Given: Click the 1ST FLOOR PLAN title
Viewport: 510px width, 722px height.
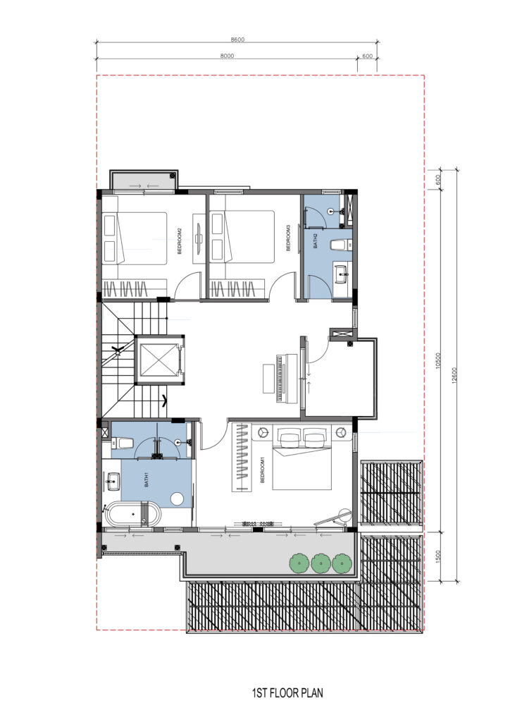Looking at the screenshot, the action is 287,692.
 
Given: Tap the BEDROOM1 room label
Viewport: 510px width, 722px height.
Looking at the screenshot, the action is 263,470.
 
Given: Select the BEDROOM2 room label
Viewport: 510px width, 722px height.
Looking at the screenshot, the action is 180,241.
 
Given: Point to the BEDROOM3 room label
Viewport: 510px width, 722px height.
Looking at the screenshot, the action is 288,238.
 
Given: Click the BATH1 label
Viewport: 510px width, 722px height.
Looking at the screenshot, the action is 147,479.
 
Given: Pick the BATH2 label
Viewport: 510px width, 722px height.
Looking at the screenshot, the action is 316,241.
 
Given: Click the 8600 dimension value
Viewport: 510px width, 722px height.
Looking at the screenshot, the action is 237,39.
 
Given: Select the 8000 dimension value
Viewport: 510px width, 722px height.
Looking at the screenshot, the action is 228,56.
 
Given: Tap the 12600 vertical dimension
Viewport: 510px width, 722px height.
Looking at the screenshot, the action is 454,375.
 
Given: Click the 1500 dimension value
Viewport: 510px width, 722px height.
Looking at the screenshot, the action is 438,556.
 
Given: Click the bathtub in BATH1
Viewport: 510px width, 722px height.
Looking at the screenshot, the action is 133,514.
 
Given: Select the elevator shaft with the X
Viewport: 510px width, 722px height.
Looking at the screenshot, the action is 160,360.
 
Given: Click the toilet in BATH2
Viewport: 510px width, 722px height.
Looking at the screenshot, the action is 337,245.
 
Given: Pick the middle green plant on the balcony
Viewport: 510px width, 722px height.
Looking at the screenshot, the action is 320,563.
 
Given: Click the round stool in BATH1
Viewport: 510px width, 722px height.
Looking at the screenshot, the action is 177,498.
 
